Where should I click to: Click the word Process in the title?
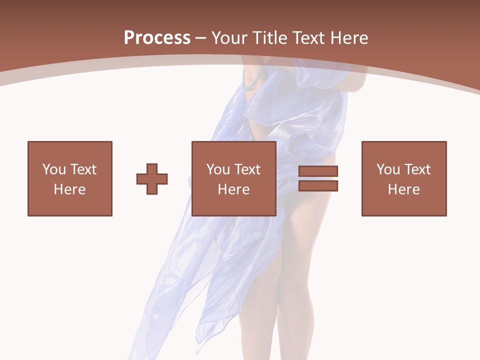point(157,37)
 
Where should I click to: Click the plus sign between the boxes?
point(152,178)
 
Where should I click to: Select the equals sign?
point(318,178)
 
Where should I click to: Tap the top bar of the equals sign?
point(318,171)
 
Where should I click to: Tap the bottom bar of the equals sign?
point(318,186)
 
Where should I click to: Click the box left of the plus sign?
point(70,178)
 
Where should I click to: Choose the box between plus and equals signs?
point(234,178)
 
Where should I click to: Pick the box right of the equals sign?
point(404,178)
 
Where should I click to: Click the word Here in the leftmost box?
point(70,189)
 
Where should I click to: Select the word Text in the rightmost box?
point(417,169)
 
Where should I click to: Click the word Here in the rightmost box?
point(404,189)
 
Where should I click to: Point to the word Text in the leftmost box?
point(83,169)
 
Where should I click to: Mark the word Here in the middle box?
point(234,189)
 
